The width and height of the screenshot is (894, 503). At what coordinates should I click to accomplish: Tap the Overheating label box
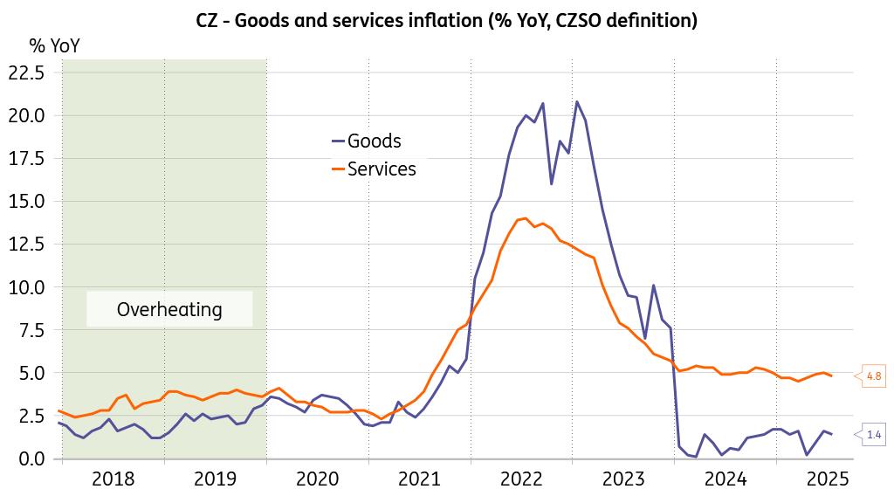169,309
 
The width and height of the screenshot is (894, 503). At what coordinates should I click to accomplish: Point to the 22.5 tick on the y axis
25,72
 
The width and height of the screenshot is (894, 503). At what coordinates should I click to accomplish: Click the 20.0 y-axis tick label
25,115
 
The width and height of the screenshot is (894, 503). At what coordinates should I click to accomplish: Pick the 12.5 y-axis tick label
25,244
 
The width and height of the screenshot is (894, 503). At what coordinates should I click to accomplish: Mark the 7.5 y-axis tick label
30,330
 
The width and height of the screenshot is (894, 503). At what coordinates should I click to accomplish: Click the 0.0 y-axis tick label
30,458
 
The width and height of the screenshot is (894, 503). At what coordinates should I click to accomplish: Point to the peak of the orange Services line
525,218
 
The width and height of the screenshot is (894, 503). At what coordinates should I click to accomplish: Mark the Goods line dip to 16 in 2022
551,184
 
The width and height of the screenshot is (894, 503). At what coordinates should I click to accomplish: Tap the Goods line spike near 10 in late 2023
653,286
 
